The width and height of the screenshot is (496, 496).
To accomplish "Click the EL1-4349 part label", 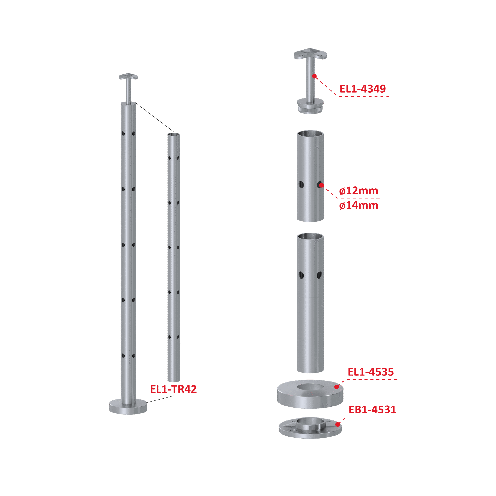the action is coord(363,89).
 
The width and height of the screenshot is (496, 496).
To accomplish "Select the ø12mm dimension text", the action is coord(359,191).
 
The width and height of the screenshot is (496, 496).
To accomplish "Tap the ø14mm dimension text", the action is coord(359,205).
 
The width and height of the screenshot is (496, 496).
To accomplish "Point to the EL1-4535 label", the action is coord(370,372).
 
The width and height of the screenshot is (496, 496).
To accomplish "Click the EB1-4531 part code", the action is coord(372,409).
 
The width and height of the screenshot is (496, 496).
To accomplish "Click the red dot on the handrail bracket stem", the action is coord(314,76).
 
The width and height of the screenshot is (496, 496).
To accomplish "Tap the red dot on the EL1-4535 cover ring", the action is coord(337,387).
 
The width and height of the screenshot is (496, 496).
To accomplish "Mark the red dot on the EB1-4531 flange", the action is coord(338,424).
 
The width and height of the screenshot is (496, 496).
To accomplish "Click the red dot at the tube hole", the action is coord(321,185).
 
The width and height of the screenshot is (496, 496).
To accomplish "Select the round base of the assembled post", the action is coord(128,407).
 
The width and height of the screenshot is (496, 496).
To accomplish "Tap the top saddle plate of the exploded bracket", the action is coord(310,54).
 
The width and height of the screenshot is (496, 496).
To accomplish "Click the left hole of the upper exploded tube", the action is coord(301,184).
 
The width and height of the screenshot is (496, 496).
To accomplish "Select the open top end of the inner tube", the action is coord(174,134).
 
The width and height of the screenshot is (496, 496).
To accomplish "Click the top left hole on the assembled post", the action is coord(123,133).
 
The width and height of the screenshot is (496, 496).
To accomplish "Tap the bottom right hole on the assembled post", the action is coord(133,356).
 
